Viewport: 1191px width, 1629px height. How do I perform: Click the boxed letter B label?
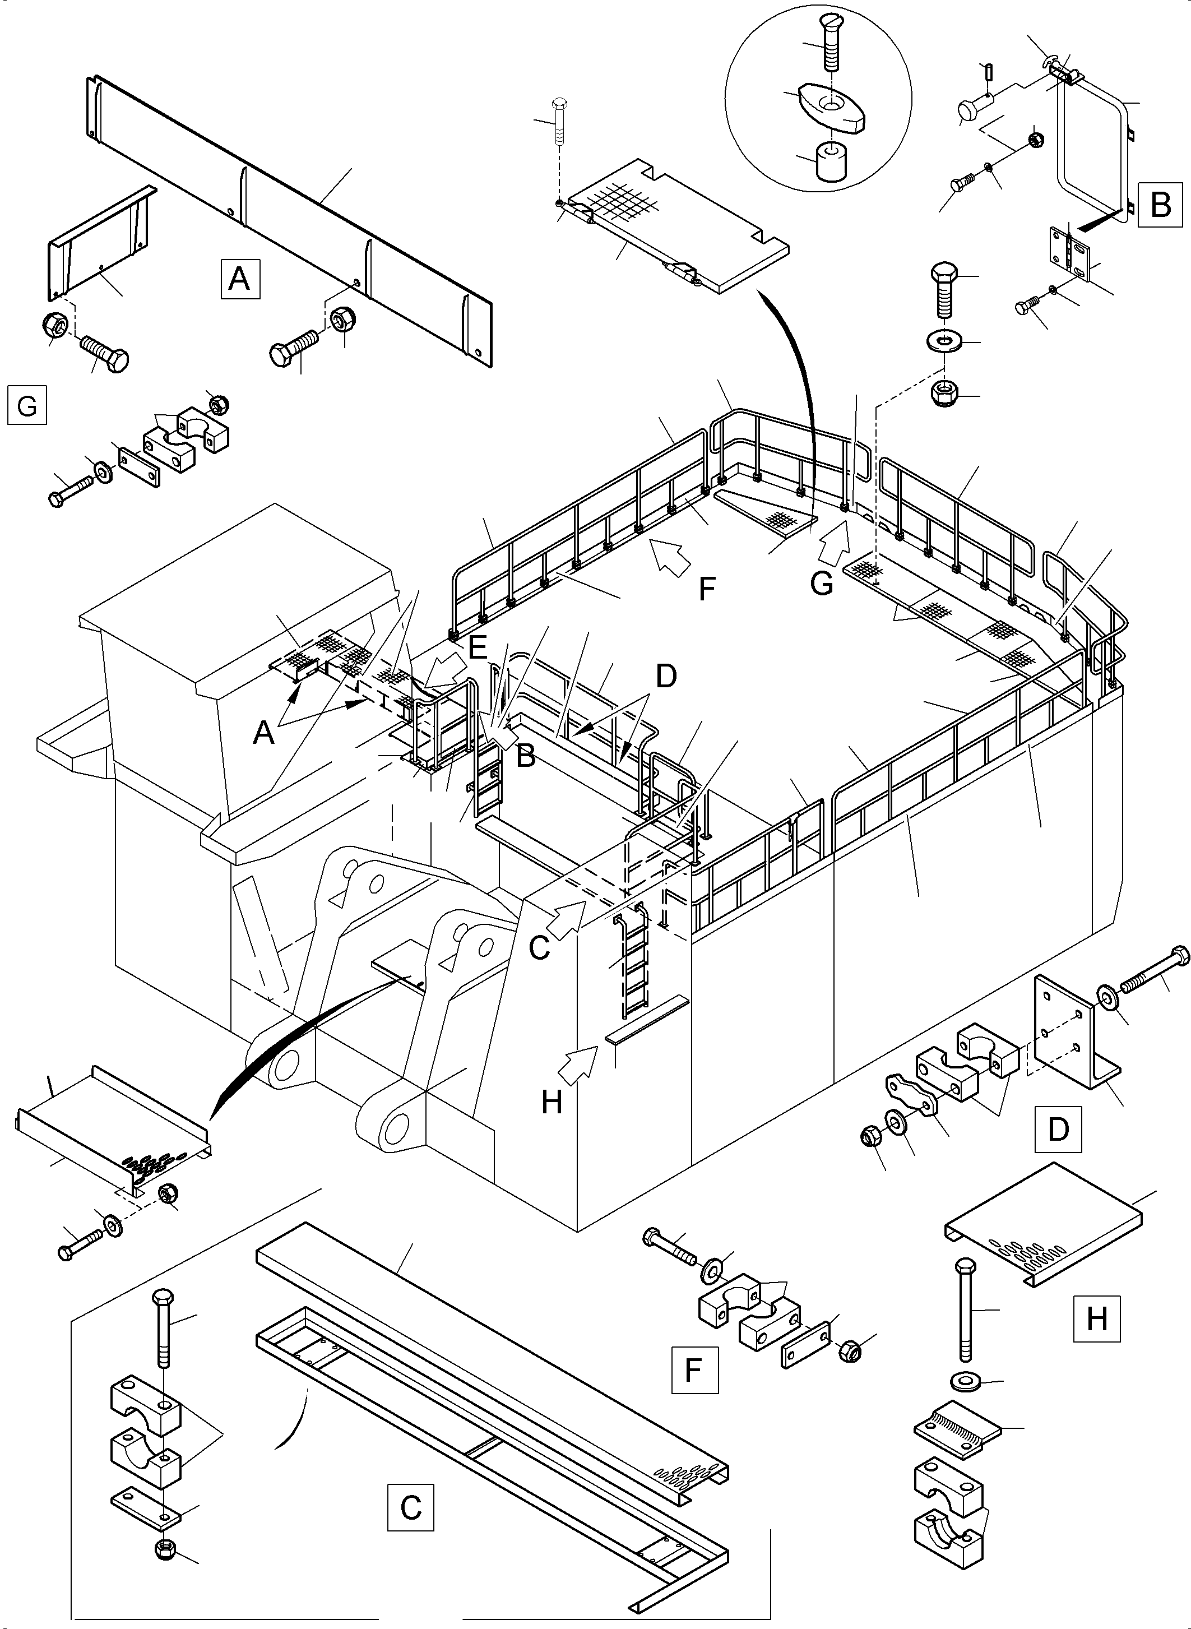(x=1161, y=204)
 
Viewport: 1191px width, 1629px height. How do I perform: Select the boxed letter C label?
(x=411, y=1506)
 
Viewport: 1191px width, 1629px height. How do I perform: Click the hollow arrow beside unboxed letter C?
(x=569, y=918)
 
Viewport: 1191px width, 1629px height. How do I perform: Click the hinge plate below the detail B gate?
(x=1071, y=249)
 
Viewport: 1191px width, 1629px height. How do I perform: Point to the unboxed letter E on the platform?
(x=478, y=647)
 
